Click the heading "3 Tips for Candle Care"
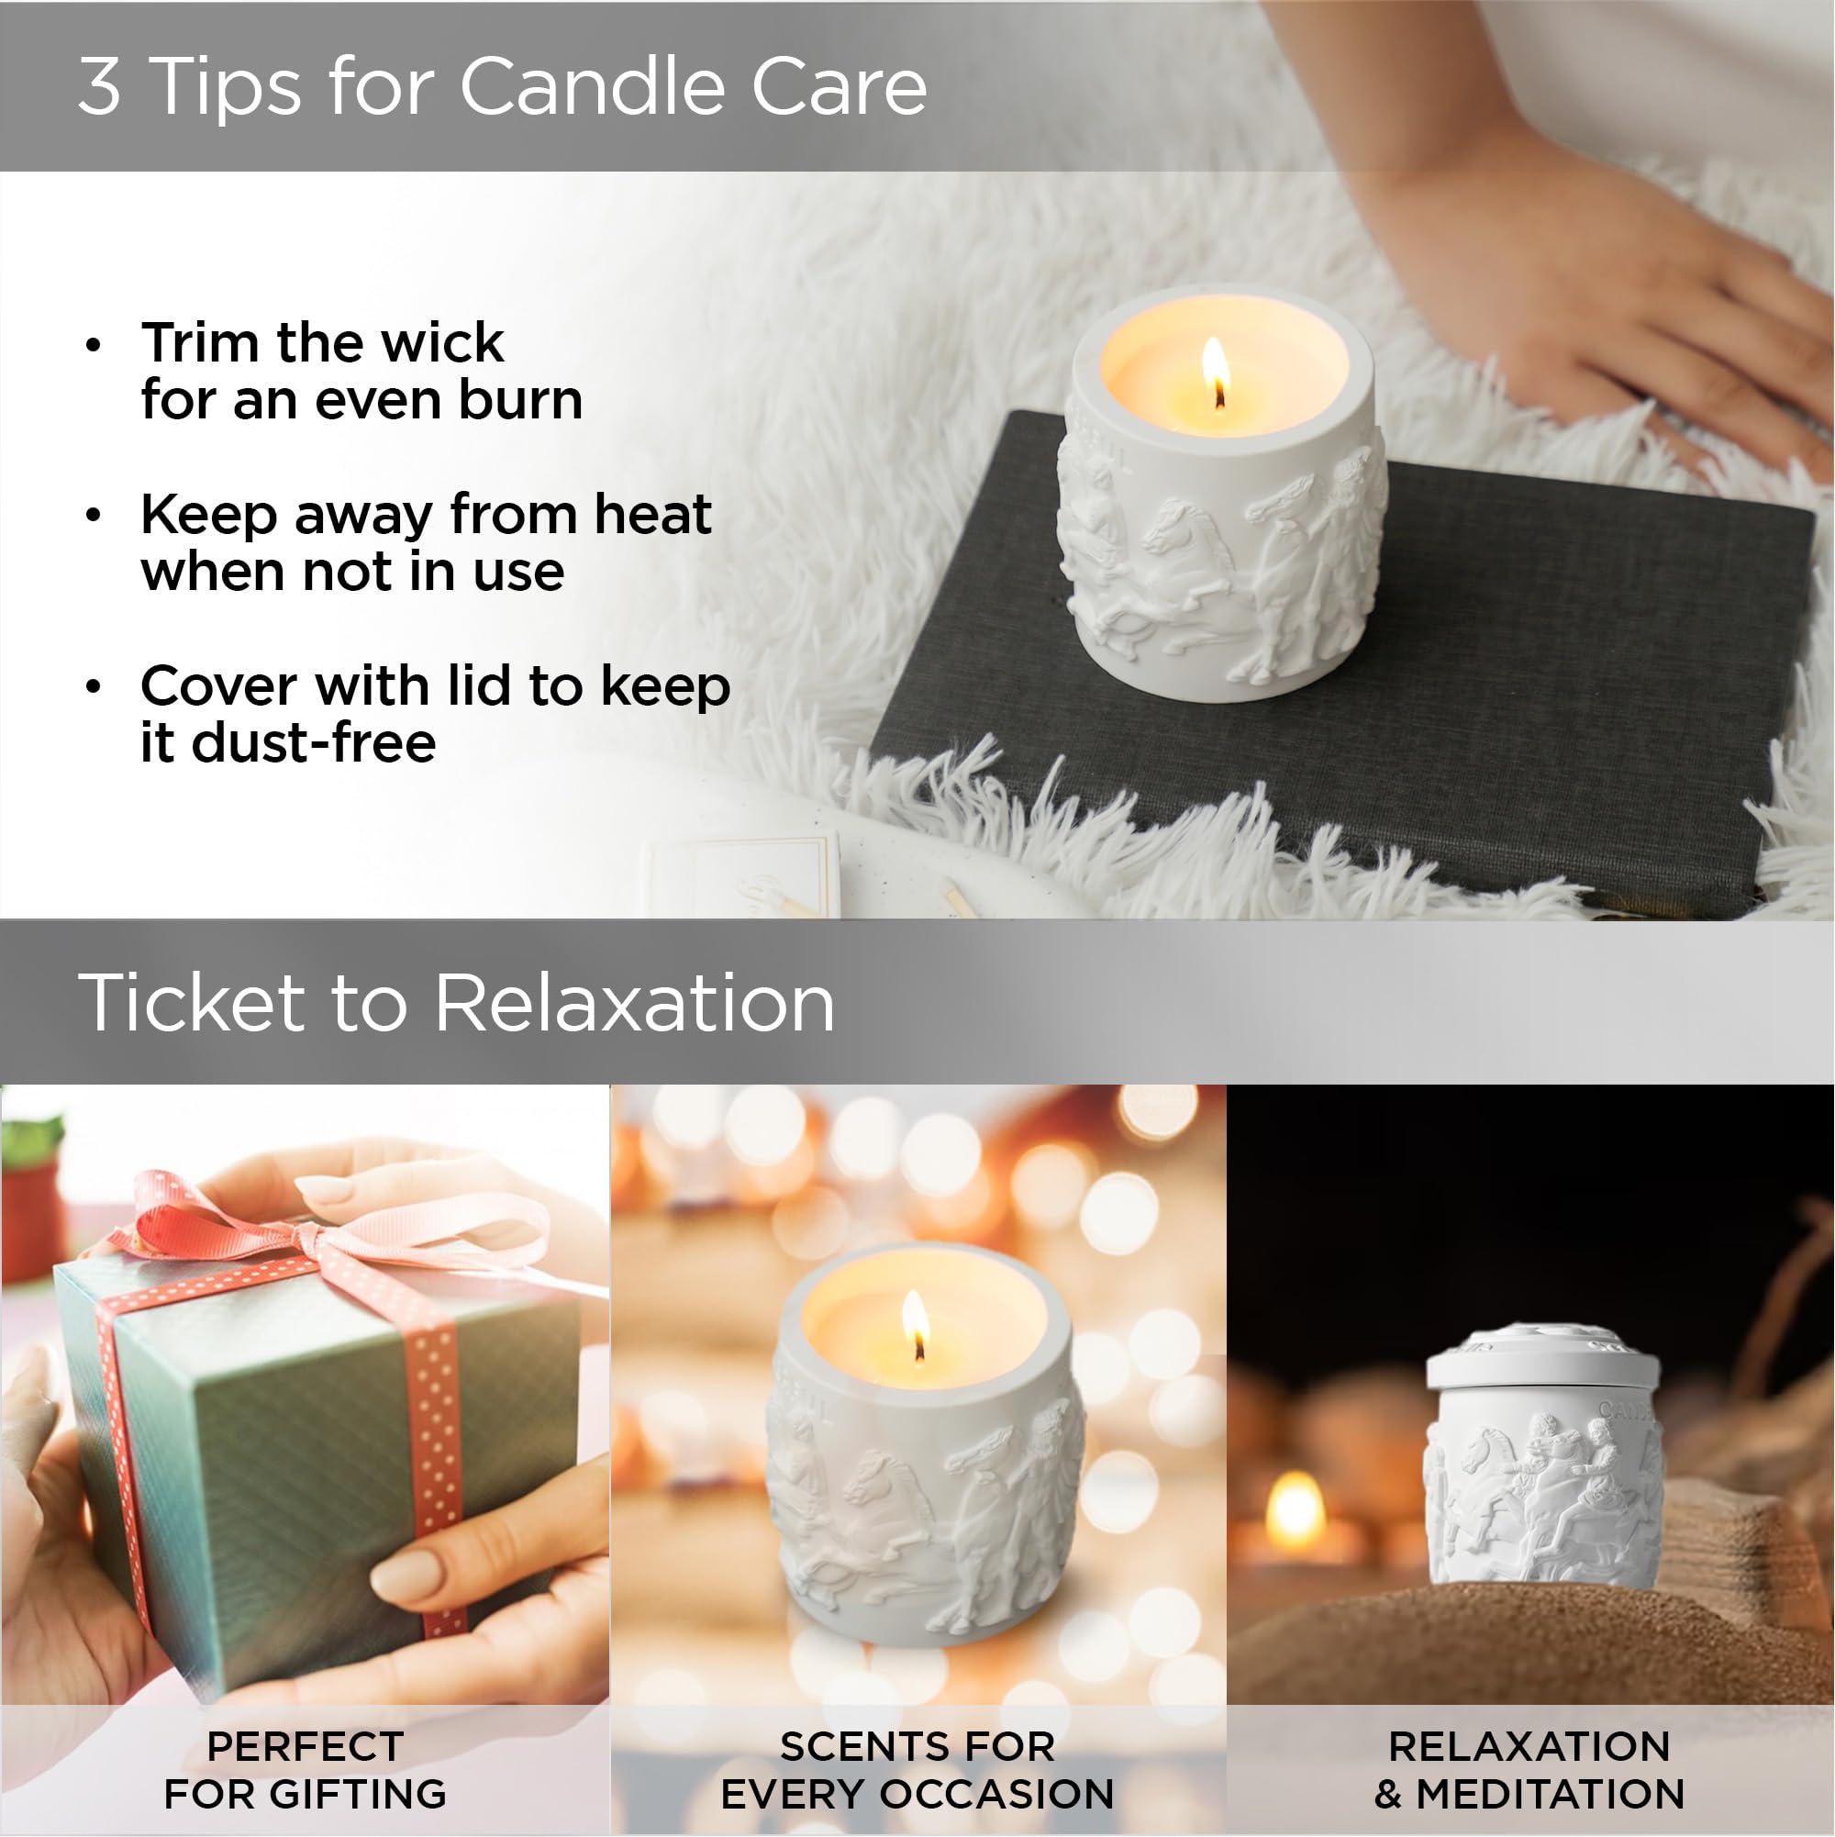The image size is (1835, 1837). point(502,86)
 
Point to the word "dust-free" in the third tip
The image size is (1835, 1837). point(314,742)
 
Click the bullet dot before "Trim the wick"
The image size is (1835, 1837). point(94,345)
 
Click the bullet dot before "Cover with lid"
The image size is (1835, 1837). point(94,687)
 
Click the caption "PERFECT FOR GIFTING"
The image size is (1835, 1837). point(306,1769)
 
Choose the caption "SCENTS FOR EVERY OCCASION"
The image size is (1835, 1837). point(917,1769)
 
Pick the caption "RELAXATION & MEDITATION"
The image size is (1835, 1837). point(1529,1769)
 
